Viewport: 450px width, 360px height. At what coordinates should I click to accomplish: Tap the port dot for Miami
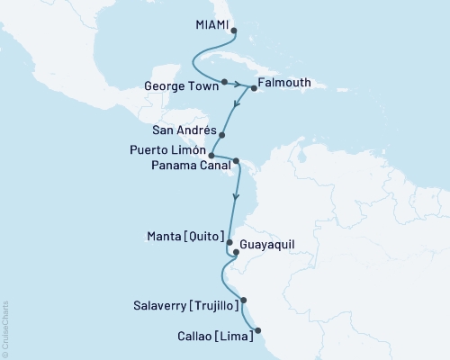pyautogui.click(x=234, y=30)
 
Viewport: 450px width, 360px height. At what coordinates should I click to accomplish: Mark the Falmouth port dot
pyautogui.click(x=254, y=88)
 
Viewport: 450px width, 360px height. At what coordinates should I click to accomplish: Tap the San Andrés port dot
pyautogui.click(x=222, y=135)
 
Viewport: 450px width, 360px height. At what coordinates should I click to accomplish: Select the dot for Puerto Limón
pyautogui.click(x=211, y=155)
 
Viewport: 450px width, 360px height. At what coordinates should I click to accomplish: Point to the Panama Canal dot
pyautogui.click(x=237, y=162)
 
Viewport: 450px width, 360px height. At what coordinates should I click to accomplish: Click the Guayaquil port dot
pyautogui.click(x=236, y=253)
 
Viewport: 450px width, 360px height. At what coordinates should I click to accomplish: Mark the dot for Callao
pyautogui.click(x=258, y=339)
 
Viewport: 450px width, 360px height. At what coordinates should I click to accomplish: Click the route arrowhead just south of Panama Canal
pyautogui.click(x=236, y=195)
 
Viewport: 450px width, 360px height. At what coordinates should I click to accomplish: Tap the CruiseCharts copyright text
pyautogui.click(x=5, y=328)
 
